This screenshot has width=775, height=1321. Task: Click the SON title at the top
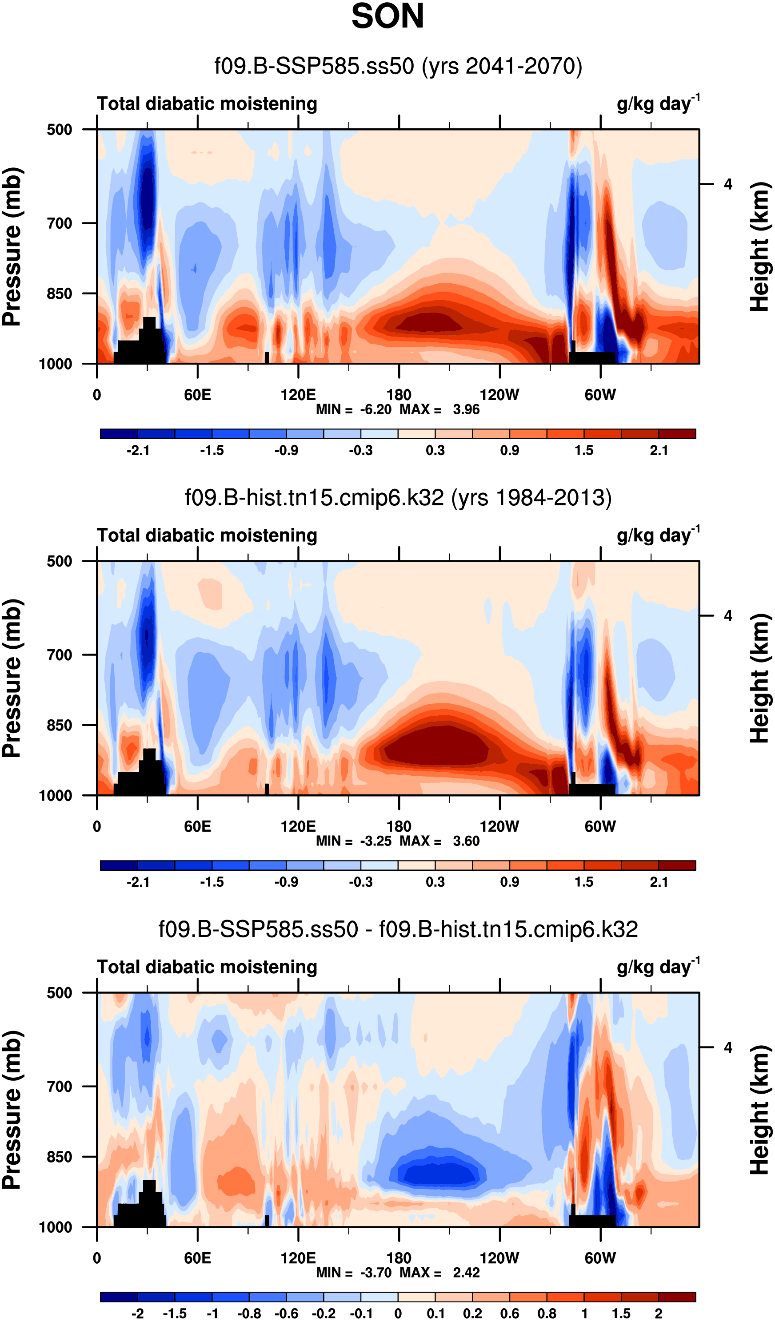(x=387, y=16)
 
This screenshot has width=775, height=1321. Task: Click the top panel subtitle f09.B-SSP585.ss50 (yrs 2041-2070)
(x=398, y=67)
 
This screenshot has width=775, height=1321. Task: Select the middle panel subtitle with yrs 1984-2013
(x=398, y=497)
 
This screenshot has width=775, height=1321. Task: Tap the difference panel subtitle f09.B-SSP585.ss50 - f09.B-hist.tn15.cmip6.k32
(x=398, y=929)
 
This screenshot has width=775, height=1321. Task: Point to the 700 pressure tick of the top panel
(x=59, y=223)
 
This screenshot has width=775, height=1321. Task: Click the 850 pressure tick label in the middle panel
(x=59, y=725)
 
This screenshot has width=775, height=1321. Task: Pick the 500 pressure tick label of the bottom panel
(x=59, y=993)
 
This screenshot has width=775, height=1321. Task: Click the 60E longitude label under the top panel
(x=197, y=395)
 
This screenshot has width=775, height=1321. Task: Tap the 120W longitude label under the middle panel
(x=499, y=827)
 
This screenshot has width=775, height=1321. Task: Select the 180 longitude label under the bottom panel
(x=399, y=1258)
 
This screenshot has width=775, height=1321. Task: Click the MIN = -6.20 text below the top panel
(x=354, y=409)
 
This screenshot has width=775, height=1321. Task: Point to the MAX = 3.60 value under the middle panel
(x=439, y=841)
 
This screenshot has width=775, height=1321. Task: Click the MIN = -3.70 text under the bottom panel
(x=354, y=1273)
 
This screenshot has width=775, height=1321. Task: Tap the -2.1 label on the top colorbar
(x=138, y=450)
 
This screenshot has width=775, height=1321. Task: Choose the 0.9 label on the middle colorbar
(x=510, y=882)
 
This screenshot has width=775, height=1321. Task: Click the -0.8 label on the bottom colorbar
(x=249, y=1313)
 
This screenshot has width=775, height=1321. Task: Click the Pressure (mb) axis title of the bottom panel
(x=12, y=1110)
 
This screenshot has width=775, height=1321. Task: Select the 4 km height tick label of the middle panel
(x=728, y=616)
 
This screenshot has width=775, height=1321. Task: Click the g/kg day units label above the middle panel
(x=658, y=535)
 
